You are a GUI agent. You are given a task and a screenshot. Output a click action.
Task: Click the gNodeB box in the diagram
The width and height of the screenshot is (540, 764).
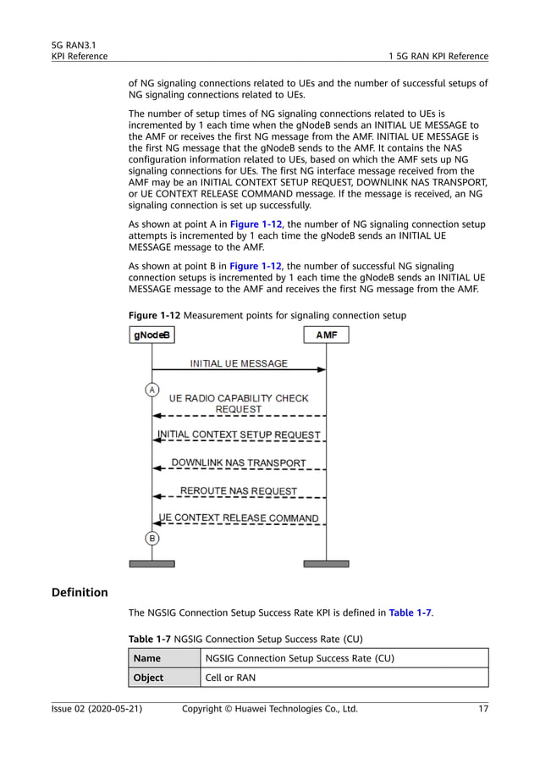click(152, 335)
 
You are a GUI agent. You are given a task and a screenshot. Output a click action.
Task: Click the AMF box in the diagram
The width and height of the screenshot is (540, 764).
click(326, 335)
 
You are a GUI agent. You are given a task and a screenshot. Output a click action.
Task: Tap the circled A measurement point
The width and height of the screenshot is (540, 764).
click(152, 390)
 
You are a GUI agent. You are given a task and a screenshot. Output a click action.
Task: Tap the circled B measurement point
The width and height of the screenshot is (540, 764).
click(152, 538)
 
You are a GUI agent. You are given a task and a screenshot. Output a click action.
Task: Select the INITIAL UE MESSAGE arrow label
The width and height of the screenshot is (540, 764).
click(239, 363)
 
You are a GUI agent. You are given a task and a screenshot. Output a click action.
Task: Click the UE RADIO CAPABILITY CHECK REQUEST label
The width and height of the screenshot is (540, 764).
click(239, 403)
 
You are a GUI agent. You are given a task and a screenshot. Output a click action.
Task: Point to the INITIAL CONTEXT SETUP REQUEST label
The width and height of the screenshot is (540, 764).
click(239, 435)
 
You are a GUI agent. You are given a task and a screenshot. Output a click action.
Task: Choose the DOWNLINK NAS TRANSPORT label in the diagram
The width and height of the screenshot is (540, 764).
click(239, 463)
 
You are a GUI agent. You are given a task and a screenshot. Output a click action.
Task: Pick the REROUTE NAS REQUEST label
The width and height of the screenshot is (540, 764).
click(239, 490)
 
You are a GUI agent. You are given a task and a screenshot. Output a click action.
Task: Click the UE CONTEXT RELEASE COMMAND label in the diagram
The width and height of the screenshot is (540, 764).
click(239, 518)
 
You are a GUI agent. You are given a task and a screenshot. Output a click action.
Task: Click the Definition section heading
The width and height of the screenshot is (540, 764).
click(80, 592)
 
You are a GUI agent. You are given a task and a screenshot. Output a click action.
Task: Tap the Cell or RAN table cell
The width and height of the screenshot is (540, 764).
click(230, 678)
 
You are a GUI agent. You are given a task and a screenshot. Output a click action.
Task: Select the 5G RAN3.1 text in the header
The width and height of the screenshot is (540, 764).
click(73, 44)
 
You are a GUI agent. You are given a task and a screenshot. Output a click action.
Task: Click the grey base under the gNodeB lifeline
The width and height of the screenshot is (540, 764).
click(152, 563)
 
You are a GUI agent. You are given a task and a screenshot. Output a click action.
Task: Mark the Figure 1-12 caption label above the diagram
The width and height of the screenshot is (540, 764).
click(155, 315)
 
